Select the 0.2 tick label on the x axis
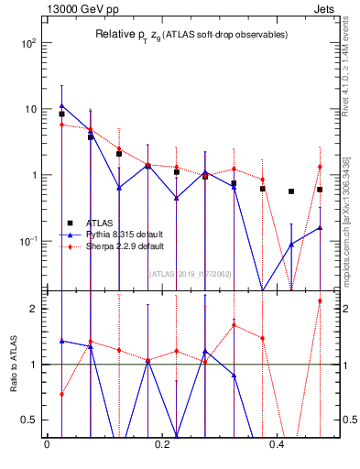(x=162, y=446)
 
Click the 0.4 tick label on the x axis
(x=278, y=446)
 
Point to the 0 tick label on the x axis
(x=46, y=446)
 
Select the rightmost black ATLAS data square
(x=320, y=190)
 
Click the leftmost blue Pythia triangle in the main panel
(x=61, y=105)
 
